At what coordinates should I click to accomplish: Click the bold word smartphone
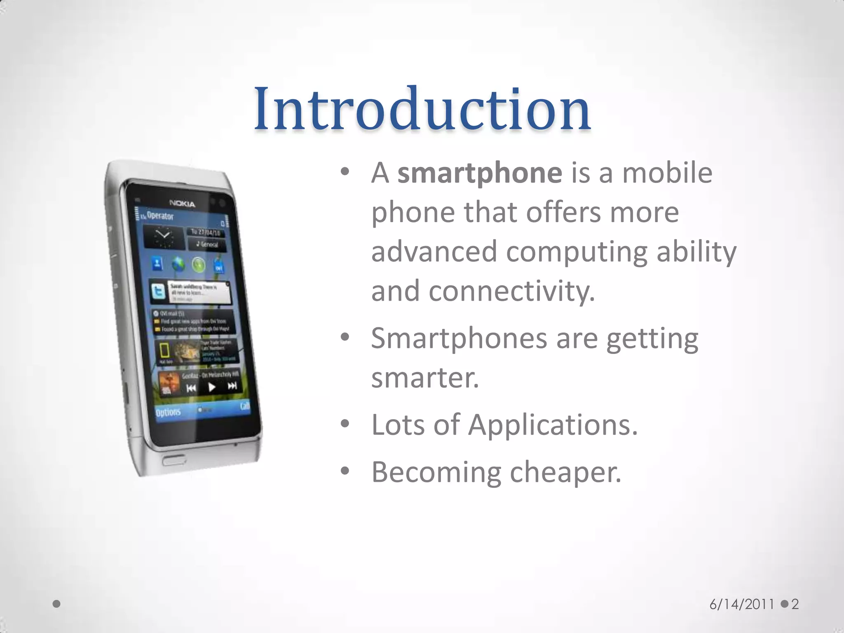tap(479, 173)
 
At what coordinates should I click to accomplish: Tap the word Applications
tap(553, 425)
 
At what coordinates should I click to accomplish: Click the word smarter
tap(425, 378)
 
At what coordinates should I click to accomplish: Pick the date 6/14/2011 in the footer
tap(742, 604)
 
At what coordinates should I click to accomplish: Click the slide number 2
tap(795, 604)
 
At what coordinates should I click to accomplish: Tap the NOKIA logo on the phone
tap(182, 204)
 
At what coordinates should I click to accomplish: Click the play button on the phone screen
tap(212, 387)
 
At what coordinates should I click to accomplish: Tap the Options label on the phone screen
tap(168, 412)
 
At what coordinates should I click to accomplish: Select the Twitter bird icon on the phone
tap(158, 291)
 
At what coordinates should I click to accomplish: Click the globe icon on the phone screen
tap(178, 264)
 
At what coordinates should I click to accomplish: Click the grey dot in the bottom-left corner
tap(57, 604)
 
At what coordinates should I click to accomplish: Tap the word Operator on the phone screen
tap(160, 216)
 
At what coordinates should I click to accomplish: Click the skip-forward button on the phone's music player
tap(232, 386)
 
